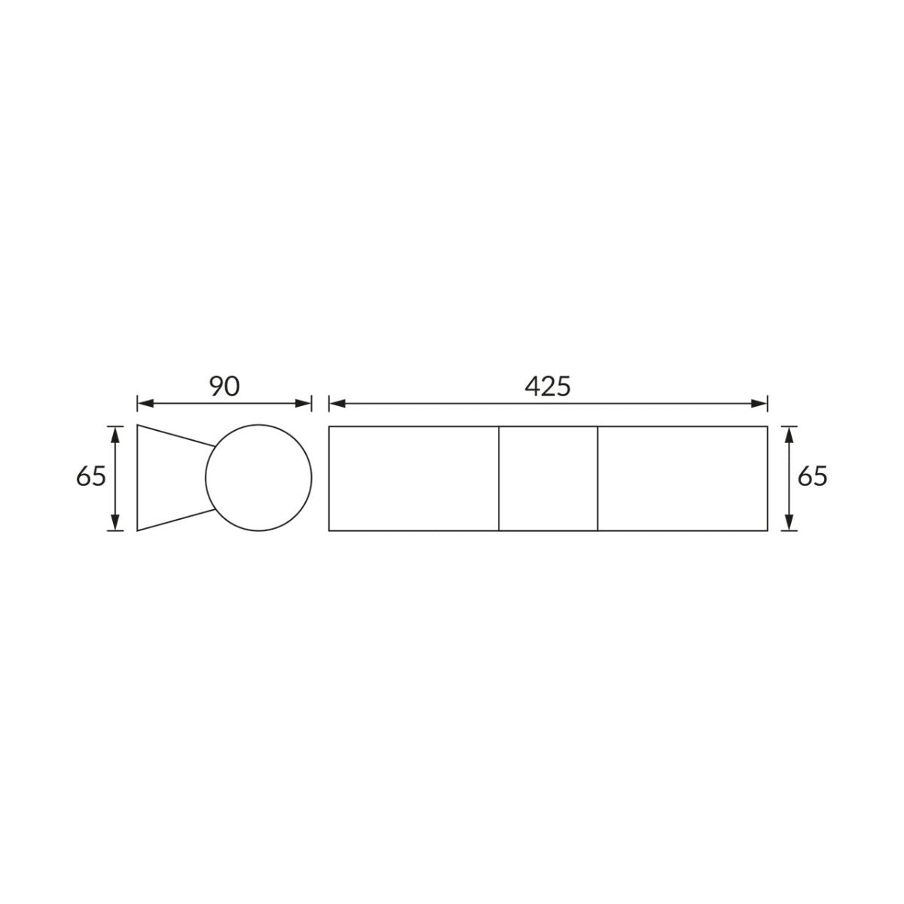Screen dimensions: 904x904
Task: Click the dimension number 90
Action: point(224,386)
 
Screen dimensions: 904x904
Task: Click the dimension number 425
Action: point(548,386)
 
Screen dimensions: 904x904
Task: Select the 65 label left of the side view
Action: point(91,477)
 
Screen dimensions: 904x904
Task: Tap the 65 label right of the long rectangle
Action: point(813,477)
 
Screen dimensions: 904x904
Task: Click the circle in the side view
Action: point(206,478)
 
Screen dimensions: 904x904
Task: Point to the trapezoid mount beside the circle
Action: point(137,478)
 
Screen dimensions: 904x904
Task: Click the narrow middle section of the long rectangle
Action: point(548,478)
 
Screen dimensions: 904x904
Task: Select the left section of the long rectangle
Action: point(414,478)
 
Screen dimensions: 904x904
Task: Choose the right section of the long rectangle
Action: point(683,478)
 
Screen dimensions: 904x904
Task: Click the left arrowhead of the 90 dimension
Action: point(145,404)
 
